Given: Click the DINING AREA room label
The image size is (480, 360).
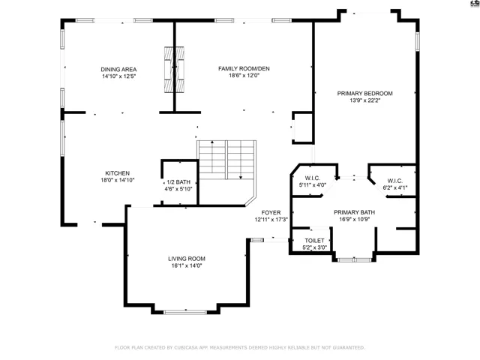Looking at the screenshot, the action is pos(118,70).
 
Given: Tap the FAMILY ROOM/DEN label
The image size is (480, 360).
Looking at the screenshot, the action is pos(244,68).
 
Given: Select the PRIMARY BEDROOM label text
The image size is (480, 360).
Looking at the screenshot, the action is pos(365,93).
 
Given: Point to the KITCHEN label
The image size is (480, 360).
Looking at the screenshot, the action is pos(118,173).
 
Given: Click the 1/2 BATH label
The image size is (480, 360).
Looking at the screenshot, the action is pos(178,181).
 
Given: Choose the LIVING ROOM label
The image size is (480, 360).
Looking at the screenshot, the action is pos(187,259).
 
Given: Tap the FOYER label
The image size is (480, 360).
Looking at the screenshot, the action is pos(271,212).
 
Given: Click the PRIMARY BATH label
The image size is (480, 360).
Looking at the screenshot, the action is pos(354,212).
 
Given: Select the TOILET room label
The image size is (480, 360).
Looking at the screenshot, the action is pos(314,241).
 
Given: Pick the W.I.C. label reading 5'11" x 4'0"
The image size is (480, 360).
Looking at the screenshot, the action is pos(313,178).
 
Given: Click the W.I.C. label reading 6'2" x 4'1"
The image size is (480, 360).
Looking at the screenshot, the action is pos(395,181).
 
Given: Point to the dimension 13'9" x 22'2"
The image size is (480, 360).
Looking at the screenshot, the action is pos(365,100).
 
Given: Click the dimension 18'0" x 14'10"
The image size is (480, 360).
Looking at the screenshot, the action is pos(118,180).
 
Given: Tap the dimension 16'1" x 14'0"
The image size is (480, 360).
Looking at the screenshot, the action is pos(187,265).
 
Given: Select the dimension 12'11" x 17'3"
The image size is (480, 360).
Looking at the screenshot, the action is pos(271,220).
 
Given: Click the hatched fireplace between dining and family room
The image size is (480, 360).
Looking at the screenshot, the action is pos(174,70).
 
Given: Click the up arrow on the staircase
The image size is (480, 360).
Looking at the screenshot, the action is pos(212,157).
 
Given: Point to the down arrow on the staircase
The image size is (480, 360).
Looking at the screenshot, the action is pos(241,160).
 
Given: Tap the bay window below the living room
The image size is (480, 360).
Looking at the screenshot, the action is pos(185,312).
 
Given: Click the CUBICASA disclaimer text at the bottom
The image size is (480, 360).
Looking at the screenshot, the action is pos(240,347).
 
